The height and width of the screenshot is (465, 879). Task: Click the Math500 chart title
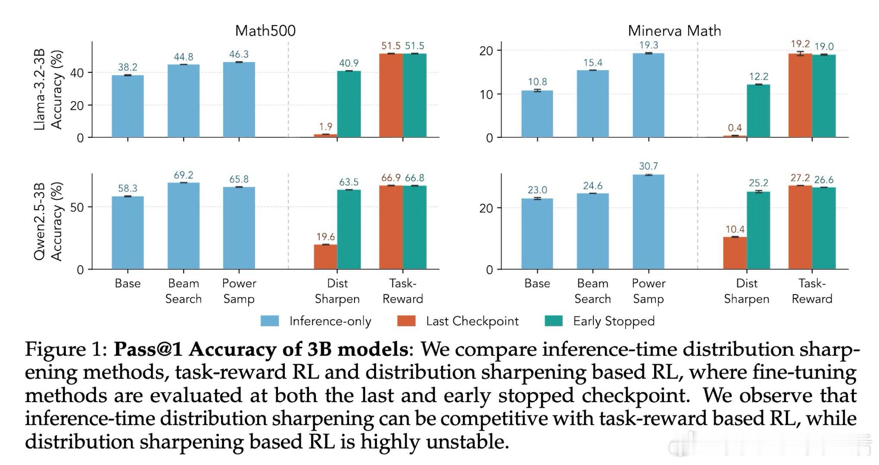pos(265,31)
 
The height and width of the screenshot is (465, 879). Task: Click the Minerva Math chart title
pos(674,31)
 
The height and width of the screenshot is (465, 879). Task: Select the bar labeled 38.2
pos(128,106)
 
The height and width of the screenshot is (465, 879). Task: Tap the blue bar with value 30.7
pos(648,222)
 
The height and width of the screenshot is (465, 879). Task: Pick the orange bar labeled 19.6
pos(325,257)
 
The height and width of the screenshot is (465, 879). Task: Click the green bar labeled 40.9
pos(349,104)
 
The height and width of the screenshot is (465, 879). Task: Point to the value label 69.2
pos(184,175)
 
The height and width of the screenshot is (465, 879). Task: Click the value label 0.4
pos(735,128)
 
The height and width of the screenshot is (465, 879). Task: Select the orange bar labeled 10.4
pos(735,253)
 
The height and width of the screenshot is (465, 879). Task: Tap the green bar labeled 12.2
pos(758,111)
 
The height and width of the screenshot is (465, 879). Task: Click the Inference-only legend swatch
pos(270,321)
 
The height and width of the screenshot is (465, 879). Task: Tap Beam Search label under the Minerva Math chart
pos(592,291)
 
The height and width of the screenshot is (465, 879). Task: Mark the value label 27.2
pos(800,178)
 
